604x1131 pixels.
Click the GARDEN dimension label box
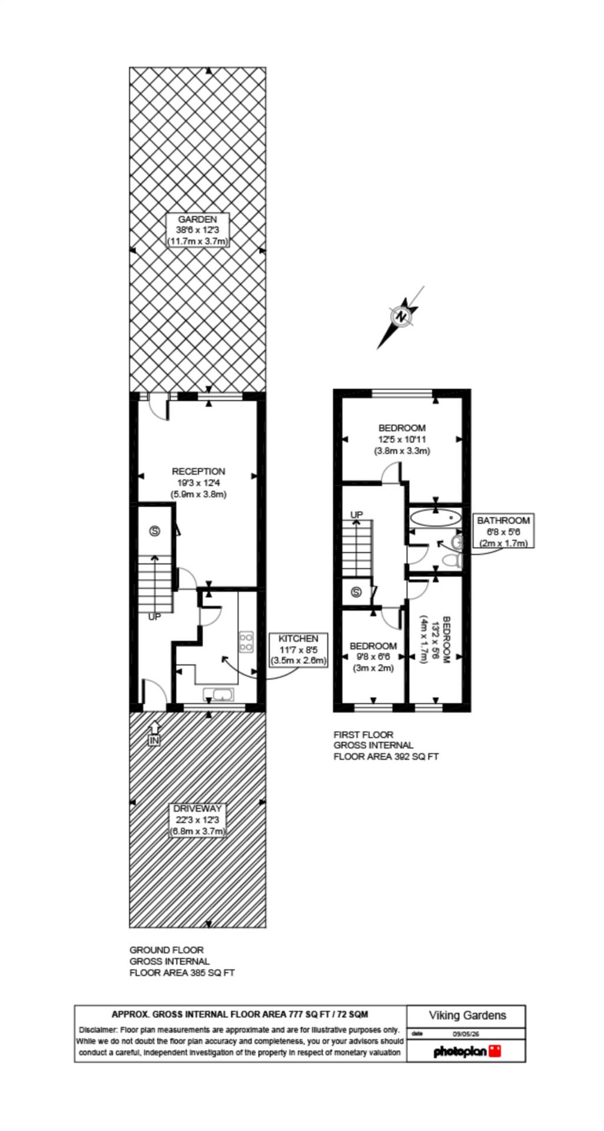pyautogui.click(x=198, y=230)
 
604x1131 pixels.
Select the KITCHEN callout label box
pyautogui.click(x=298, y=650)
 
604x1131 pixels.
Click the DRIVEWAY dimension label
pyautogui.click(x=198, y=820)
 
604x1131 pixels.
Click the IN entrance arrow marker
pyautogui.click(x=154, y=733)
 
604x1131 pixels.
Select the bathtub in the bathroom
pyautogui.click(x=435, y=518)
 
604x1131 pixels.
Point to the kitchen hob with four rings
pyautogui.click(x=246, y=642)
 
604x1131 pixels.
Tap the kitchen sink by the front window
pyautogui.click(x=218, y=695)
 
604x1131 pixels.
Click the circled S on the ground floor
pyautogui.click(x=155, y=531)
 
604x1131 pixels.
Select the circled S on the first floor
pyautogui.click(x=356, y=593)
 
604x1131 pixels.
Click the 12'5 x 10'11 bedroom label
pyautogui.click(x=402, y=439)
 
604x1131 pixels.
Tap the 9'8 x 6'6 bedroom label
pyautogui.click(x=373, y=657)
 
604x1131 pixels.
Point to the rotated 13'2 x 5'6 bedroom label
pyautogui.click(x=435, y=640)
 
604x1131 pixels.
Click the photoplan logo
pyautogui.click(x=467, y=1051)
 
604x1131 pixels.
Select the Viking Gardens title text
pyautogui.click(x=467, y=1015)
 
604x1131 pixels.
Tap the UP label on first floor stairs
pyautogui.click(x=357, y=515)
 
